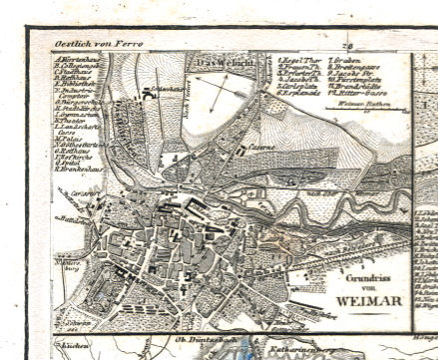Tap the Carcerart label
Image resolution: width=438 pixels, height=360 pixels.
81,189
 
